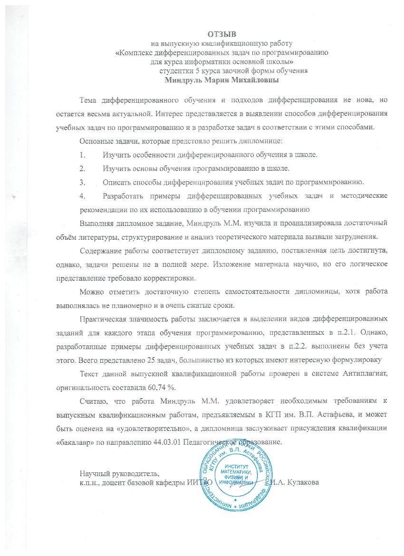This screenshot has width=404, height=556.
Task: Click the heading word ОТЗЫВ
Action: coord(221,34)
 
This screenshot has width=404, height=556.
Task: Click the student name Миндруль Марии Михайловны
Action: coord(221,79)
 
